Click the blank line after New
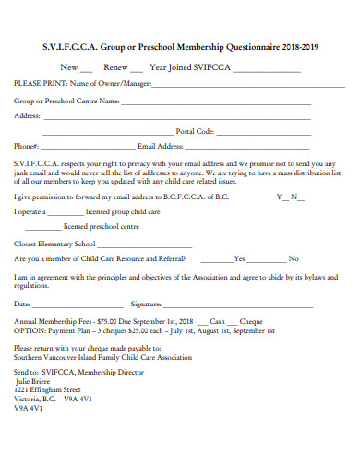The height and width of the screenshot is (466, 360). point(87,70)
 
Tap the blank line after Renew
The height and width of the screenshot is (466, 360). point(136,70)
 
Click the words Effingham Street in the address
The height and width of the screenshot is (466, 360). point(63,388)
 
